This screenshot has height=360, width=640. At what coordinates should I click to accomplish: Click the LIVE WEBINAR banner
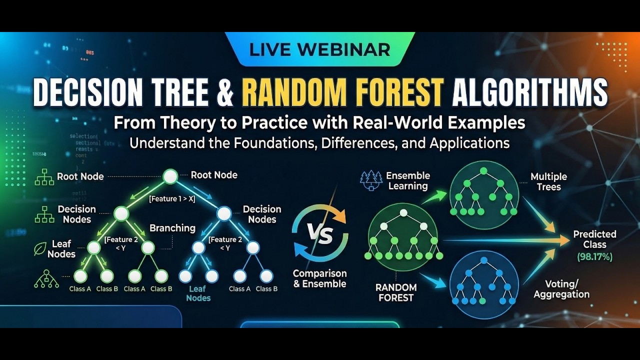pos(319,49)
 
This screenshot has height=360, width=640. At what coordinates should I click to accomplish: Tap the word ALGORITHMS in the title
pos(529,92)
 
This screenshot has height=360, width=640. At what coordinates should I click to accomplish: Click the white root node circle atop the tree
pos(170,176)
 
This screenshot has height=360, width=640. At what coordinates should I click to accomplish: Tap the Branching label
pos(172,228)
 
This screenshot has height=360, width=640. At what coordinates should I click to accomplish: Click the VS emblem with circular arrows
pos(319,235)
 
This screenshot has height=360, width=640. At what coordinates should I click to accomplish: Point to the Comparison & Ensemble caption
pos(319,278)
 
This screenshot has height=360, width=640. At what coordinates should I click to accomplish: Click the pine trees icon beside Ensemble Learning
pos(370,180)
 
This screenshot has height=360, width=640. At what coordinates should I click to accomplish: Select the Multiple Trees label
pos(548,182)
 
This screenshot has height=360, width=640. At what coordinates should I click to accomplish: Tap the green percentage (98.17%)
pos(594,257)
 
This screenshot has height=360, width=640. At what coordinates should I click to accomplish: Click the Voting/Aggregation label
pos(561,289)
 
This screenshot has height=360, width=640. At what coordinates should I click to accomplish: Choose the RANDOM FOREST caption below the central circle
pos(396,292)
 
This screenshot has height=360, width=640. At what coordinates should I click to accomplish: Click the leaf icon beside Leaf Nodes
pos(40,249)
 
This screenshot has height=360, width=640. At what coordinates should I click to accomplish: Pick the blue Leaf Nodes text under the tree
pos(198,293)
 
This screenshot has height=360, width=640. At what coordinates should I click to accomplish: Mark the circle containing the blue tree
pos(484,284)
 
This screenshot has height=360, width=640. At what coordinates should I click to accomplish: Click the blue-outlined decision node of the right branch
pos(224,213)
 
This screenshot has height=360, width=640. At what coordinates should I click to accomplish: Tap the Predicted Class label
pos(594,239)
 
